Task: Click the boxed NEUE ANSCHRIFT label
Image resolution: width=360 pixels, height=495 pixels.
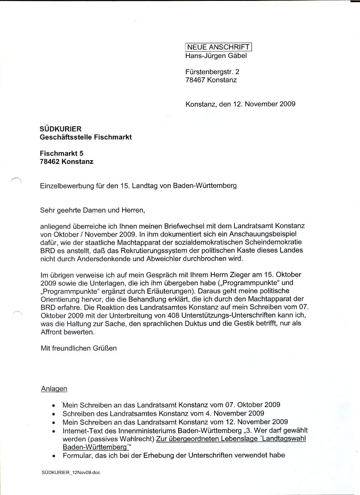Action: click(x=219, y=46)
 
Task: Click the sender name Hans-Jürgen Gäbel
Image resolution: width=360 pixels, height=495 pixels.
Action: click(x=216, y=56)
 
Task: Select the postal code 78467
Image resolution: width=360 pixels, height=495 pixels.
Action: click(x=195, y=80)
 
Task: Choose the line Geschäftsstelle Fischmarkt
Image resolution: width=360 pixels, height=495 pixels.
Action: click(x=86, y=137)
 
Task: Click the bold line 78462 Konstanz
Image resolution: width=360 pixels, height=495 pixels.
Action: click(x=67, y=162)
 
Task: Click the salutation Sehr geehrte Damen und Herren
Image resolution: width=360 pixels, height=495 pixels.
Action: click(x=93, y=209)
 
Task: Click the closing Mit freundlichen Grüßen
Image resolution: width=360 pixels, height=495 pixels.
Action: click(x=79, y=348)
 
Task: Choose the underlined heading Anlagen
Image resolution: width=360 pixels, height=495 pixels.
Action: click(x=54, y=388)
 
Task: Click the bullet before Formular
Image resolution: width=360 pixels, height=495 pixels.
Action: click(x=54, y=456)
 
